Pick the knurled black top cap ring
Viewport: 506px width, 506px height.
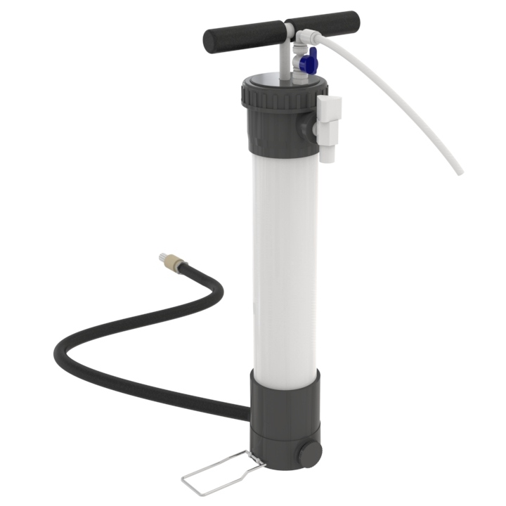[x=281, y=95]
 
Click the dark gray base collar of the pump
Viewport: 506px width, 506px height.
[x=285, y=408]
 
